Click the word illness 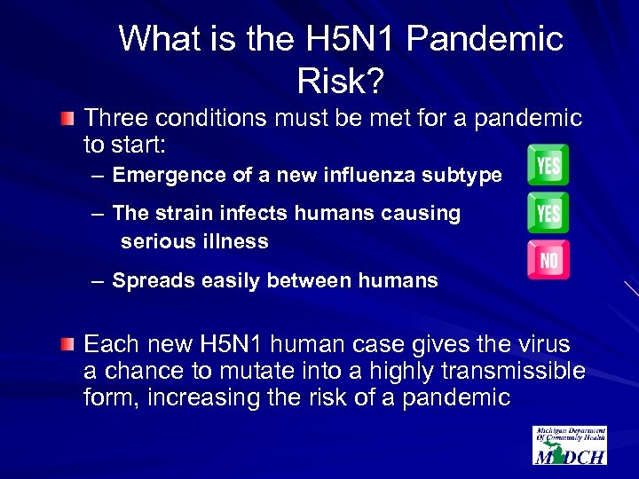pos(235,241)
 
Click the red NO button pos(548,259)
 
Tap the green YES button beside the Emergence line pos(548,165)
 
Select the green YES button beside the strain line pos(548,212)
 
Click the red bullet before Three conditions pos(68,118)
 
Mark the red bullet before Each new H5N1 pos(68,344)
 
